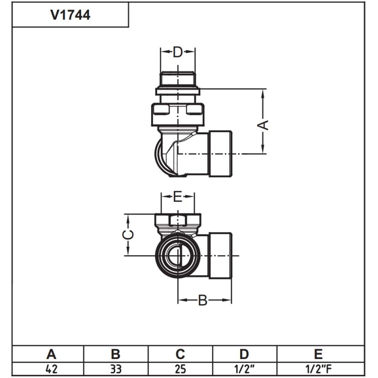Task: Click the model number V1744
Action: coord(70,15)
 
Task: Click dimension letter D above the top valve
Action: coord(177,52)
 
